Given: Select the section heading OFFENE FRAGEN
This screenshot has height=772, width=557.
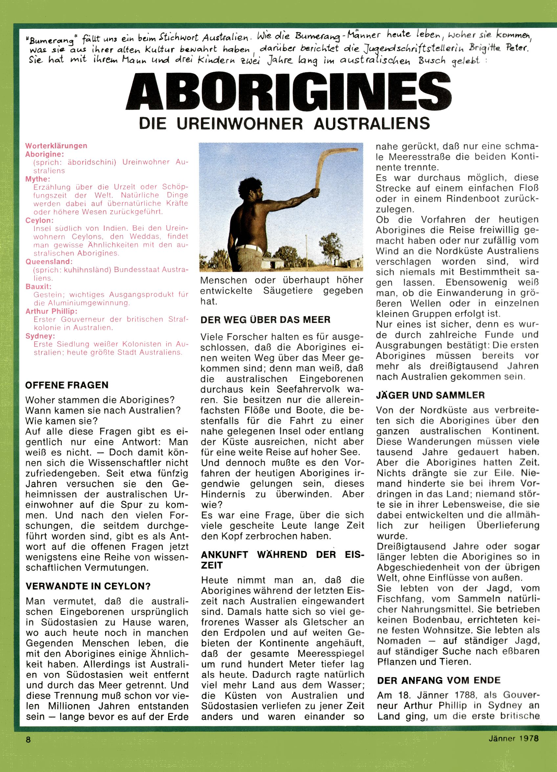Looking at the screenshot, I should tap(67, 385).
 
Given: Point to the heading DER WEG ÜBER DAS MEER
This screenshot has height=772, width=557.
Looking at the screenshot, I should tap(265, 320).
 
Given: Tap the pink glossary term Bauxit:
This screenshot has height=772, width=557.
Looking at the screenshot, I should tap(38, 286).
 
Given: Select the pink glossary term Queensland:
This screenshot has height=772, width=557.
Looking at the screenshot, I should tap(49, 262).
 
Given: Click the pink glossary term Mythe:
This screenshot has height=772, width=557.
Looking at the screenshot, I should tap(37, 179).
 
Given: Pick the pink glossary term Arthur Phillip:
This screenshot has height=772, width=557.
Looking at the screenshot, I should tap(51, 311).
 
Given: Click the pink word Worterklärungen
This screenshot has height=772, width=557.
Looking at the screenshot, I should tap(56, 146).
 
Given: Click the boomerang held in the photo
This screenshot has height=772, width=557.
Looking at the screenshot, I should tap(326, 167).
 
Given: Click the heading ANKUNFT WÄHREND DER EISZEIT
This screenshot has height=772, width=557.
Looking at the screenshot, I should tap(282, 560).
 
